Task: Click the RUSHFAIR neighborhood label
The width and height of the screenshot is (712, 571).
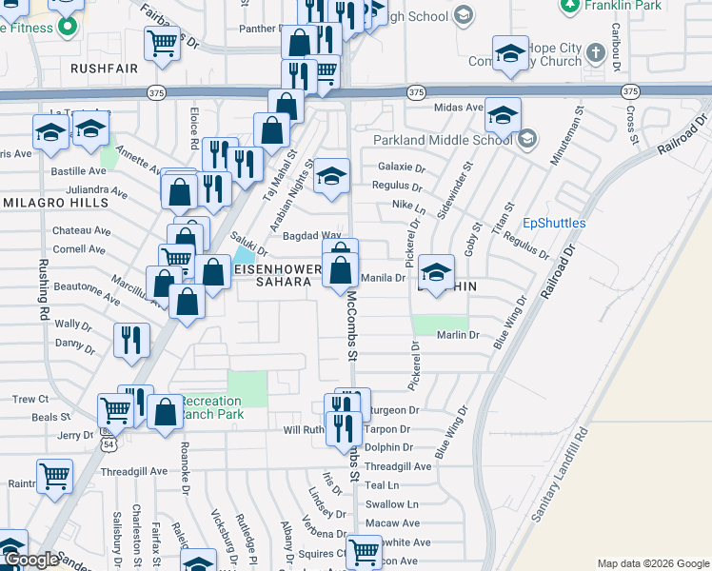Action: (104, 69)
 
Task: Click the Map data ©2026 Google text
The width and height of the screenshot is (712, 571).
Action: (653, 563)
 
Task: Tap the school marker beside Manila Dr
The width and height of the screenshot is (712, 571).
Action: (436, 272)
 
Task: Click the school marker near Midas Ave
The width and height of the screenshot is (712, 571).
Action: (503, 116)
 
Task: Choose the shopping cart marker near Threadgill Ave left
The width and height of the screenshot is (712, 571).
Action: (54, 475)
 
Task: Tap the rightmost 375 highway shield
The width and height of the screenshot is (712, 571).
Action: (630, 91)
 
